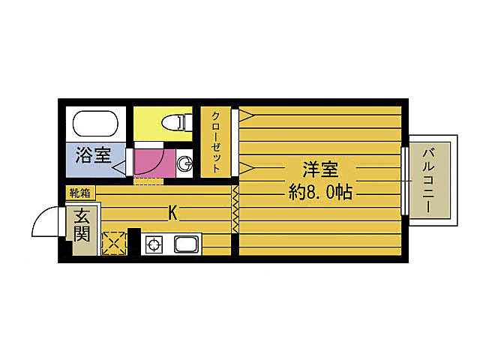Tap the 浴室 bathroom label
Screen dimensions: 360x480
tap(93, 157)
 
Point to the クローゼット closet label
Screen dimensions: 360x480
tap(216, 142)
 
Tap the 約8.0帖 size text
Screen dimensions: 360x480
tap(320, 191)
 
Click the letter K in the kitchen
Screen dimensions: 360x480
tap(172, 213)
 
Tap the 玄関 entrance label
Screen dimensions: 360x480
tap(82, 223)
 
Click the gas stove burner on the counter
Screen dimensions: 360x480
tap(154, 244)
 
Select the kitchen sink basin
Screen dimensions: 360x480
tap(185, 244)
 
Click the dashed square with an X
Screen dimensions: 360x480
tap(114, 243)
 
